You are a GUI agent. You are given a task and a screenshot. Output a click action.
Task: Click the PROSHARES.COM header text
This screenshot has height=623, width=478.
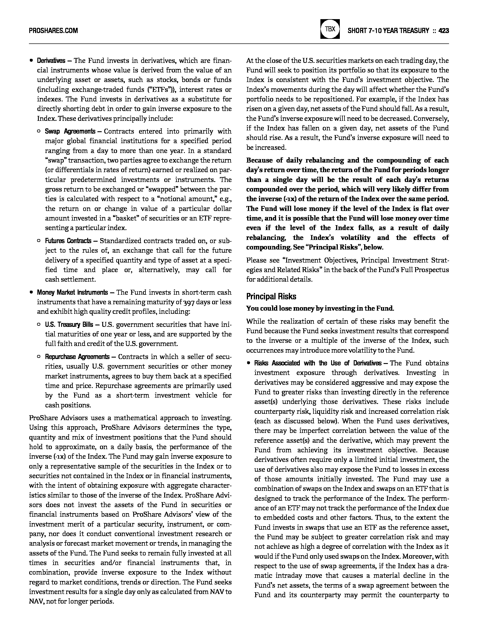click(x=53, y=30)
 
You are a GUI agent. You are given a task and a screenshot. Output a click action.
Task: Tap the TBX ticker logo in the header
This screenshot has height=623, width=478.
click(x=330, y=29)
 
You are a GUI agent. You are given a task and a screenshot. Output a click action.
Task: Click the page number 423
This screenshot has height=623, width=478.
click(x=444, y=30)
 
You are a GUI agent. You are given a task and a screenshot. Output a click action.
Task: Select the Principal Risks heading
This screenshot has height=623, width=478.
click(x=271, y=296)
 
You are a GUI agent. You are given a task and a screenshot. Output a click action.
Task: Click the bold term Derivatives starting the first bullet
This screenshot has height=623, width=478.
click(x=51, y=61)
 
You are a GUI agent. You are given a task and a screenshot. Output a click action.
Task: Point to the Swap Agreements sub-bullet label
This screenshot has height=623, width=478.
click(x=70, y=131)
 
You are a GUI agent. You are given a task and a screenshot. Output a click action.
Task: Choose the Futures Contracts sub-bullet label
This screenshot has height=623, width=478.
click(x=68, y=241)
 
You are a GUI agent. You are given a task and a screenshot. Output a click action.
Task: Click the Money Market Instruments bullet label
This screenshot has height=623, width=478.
click(x=72, y=292)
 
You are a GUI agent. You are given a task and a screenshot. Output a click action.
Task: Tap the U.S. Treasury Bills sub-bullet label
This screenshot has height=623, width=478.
click(x=69, y=325)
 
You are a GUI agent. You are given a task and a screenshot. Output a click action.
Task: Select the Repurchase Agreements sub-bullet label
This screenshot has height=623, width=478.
click(x=77, y=357)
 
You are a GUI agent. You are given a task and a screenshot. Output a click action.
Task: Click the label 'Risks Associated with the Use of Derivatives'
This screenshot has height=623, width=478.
click(x=318, y=363)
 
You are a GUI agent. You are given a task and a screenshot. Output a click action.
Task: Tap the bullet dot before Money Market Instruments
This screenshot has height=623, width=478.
click(x=31, y=292)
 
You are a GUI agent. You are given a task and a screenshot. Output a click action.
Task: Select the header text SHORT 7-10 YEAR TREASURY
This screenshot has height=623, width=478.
click(x=388, y=30)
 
